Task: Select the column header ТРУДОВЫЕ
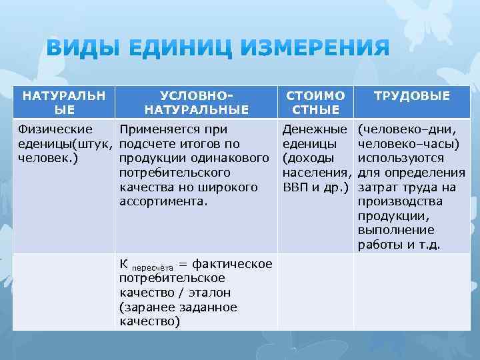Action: tap(411, 96)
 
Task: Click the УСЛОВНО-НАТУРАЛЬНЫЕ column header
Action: tap(196, 103)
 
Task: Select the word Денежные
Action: tap(315, 129)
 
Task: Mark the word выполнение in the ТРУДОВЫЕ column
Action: tap(393, 231)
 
